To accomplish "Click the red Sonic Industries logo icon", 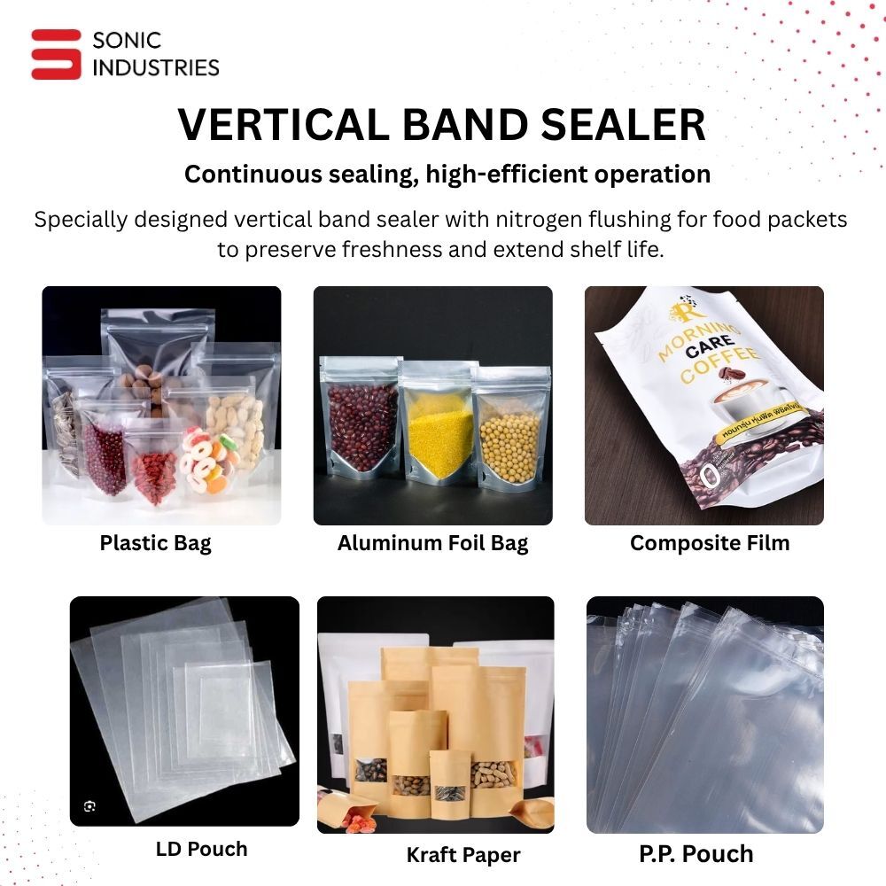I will point(56,54).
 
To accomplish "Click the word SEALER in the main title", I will point(624,125).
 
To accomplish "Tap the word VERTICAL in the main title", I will point(283,125).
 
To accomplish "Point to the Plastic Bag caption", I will point(155,543).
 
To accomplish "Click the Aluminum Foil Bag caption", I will point(432,543).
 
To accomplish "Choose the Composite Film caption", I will point(709,543).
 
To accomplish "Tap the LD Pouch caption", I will point(201,849).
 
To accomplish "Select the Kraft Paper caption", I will point(462,855).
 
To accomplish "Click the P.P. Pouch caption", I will point(696,854).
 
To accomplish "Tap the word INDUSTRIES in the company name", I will point(156,66).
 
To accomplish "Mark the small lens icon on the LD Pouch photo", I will point(89,805).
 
